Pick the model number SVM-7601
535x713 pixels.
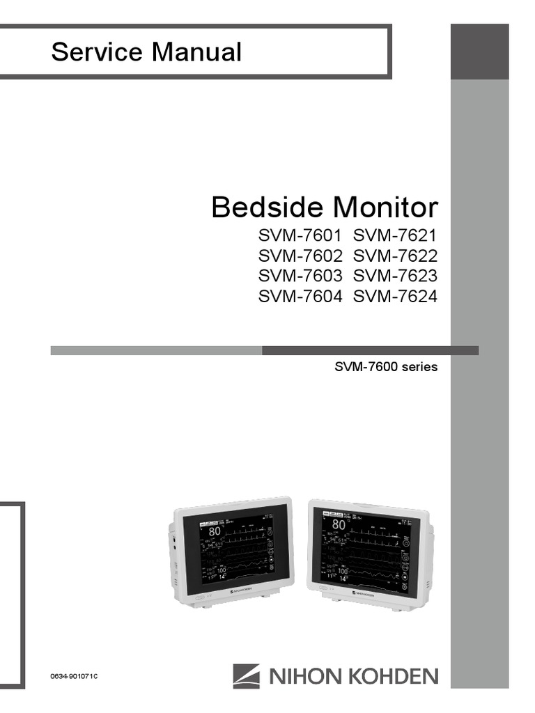coord(300,235)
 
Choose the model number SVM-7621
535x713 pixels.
coord(395,235)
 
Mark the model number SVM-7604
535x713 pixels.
coord(300,297)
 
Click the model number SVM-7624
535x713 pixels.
coord(395,297)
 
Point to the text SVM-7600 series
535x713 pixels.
coord(386,366)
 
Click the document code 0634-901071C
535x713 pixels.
coord(75,677)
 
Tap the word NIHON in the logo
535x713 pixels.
coord(299,675)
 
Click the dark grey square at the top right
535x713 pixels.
coord(479,51)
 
